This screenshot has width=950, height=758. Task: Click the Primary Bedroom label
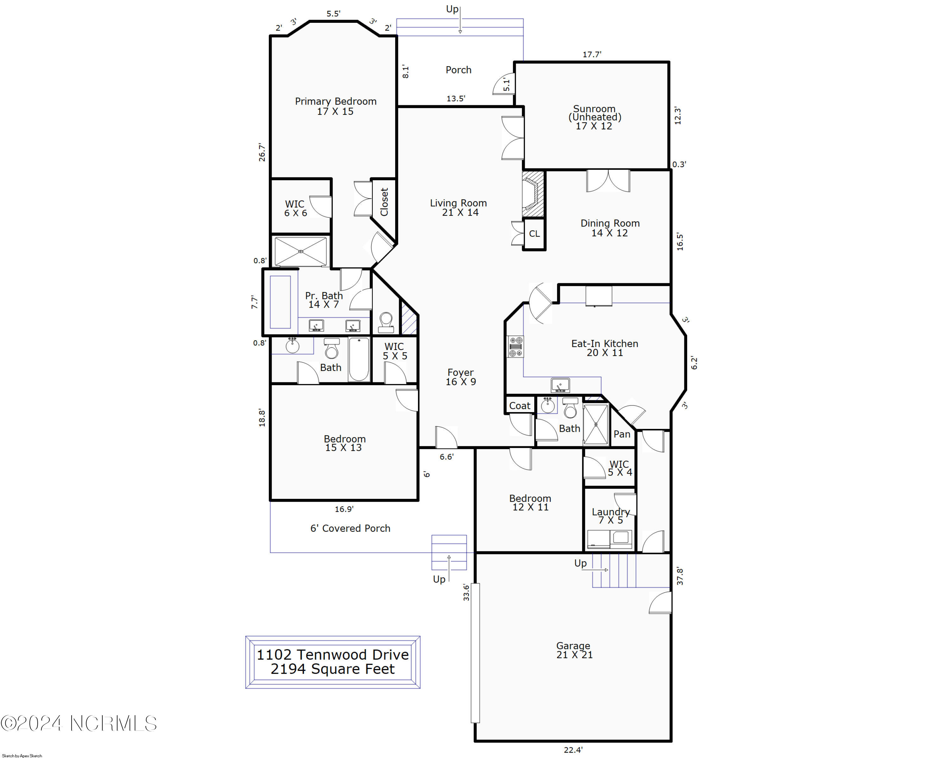[335, 106]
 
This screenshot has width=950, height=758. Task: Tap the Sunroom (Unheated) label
[594, 117]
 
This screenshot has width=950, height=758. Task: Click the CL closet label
[534, 234]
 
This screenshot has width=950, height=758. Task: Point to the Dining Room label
[610, 228]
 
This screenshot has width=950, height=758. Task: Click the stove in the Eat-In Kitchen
[516, 347]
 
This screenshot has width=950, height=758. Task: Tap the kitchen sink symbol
[560, 385]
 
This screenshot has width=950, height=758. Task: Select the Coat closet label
[520, 406]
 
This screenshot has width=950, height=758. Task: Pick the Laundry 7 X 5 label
[611, 516]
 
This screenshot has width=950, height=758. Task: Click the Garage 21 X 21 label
[574, 651]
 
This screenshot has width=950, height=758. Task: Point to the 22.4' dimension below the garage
[573, 750]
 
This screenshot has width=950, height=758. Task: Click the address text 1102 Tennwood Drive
[333, 655]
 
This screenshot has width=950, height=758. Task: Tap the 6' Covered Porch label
[350, 528]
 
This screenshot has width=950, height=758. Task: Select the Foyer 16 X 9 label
[460, 377]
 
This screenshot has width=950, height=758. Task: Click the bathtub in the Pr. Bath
[280, 302]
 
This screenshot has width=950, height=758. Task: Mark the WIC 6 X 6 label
[295, 208]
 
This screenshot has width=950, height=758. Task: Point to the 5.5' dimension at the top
[333, 14]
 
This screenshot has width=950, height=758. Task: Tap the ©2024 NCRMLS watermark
[79, 723]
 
